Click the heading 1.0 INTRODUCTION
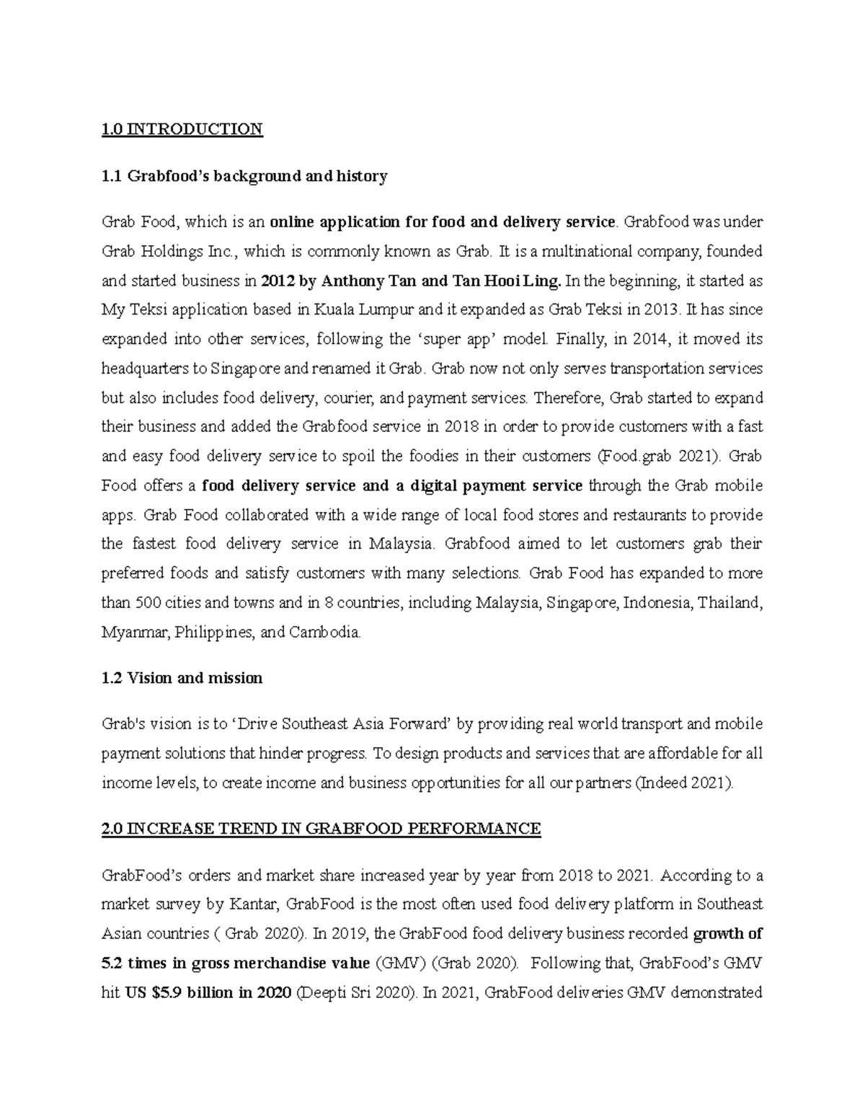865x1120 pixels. pyautogui.click(x=182, y=129)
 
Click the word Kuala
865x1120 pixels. pyautogui.click(x=324, y=310)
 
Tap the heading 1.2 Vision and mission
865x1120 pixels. pyautogui.click(x=182, y=679)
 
